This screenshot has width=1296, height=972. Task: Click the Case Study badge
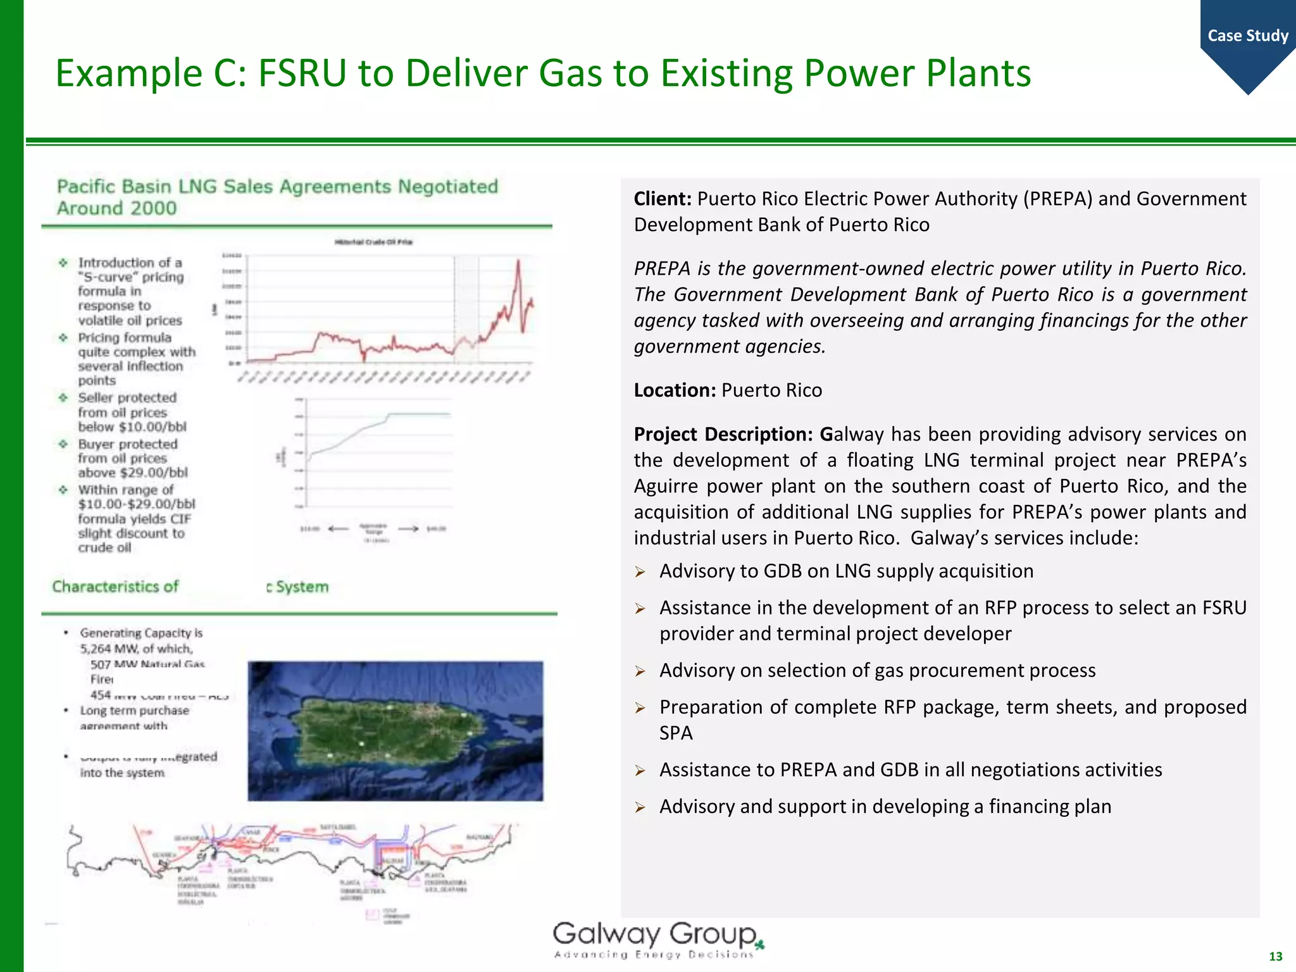pos(1247,36)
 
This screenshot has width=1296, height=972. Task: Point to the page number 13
pos(1275,956)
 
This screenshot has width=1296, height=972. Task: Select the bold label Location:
pos(675,390)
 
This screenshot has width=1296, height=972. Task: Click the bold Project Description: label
pos(723,434)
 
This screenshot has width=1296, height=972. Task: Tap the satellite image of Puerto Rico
pos(395,731)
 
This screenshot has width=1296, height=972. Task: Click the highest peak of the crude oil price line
pos(518,261)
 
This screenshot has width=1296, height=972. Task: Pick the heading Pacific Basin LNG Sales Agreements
pos(277,187)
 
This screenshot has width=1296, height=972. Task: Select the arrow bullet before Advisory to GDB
pos(640,572)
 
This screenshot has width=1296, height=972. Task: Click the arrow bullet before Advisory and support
pos(640,807)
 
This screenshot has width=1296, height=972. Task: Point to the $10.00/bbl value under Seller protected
pos(152,427)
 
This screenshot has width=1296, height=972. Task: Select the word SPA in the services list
pos(676,733)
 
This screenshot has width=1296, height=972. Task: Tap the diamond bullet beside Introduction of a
pos(63,263)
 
